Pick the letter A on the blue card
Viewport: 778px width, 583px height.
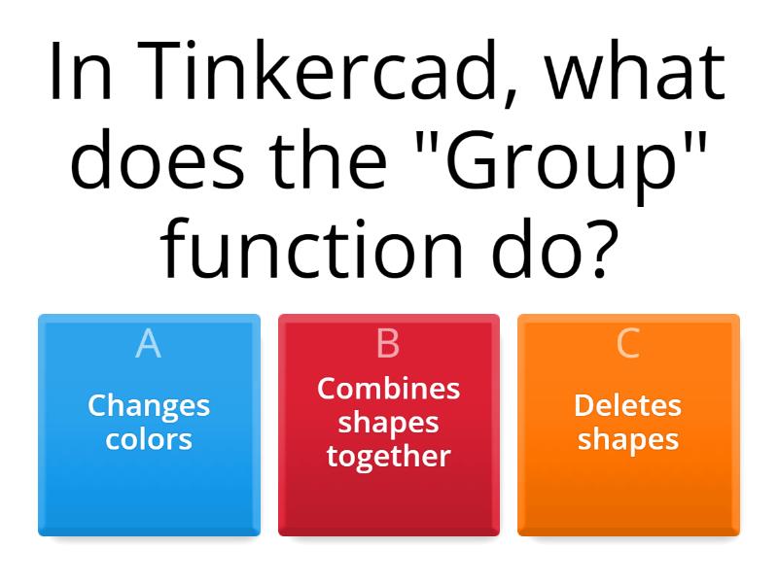149,343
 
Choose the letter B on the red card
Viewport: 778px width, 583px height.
388,343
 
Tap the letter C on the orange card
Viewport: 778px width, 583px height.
628,343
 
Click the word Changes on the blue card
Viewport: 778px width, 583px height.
149,405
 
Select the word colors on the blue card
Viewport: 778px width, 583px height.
149,438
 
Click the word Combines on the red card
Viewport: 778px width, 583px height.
388,389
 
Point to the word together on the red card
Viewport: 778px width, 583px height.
388,455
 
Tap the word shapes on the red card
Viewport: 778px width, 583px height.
388,422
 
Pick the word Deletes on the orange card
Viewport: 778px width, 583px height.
628,405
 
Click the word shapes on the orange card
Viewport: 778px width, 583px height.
628,438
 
